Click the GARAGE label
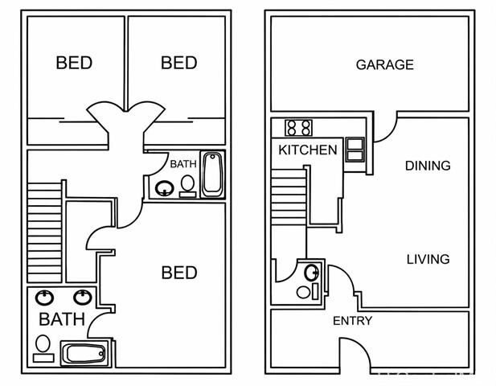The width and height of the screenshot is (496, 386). [x=384, y=65]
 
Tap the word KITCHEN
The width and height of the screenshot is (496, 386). [x=308, y=150]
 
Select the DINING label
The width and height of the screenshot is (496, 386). [x=428, y=166]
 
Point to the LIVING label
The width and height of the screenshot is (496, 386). [x=428, y=260]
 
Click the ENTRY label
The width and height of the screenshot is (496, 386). [x=352, y=321]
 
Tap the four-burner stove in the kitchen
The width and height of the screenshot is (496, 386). [x=298, y=128]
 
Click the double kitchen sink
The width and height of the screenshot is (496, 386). [x=355, y=150]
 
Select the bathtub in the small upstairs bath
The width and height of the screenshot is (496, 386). [x=212, y=175]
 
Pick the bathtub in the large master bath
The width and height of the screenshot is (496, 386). [x=85, y=353]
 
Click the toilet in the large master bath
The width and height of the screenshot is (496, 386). [x=43, y=348]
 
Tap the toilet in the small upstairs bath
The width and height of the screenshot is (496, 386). [x=187, y=187]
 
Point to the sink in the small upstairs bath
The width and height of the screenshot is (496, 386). [x=164, y=188]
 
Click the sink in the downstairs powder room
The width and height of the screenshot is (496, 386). [x=312, y=273]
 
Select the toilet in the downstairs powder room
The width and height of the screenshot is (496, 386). [x=307, y=292]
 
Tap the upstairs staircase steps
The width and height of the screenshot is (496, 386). [x=44, y=232]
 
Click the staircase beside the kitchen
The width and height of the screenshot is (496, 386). [x=289, y=197]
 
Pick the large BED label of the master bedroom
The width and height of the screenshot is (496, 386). [x=179, y=273]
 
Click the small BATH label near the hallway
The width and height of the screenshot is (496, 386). [x=183, y=164]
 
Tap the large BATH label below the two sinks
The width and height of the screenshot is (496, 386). [x=62, y=319]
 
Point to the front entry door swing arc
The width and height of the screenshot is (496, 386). [x=362, y=345]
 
